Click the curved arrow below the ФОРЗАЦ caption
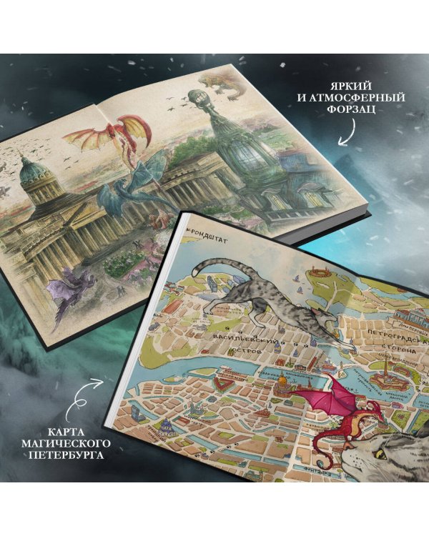coord(349,130)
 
